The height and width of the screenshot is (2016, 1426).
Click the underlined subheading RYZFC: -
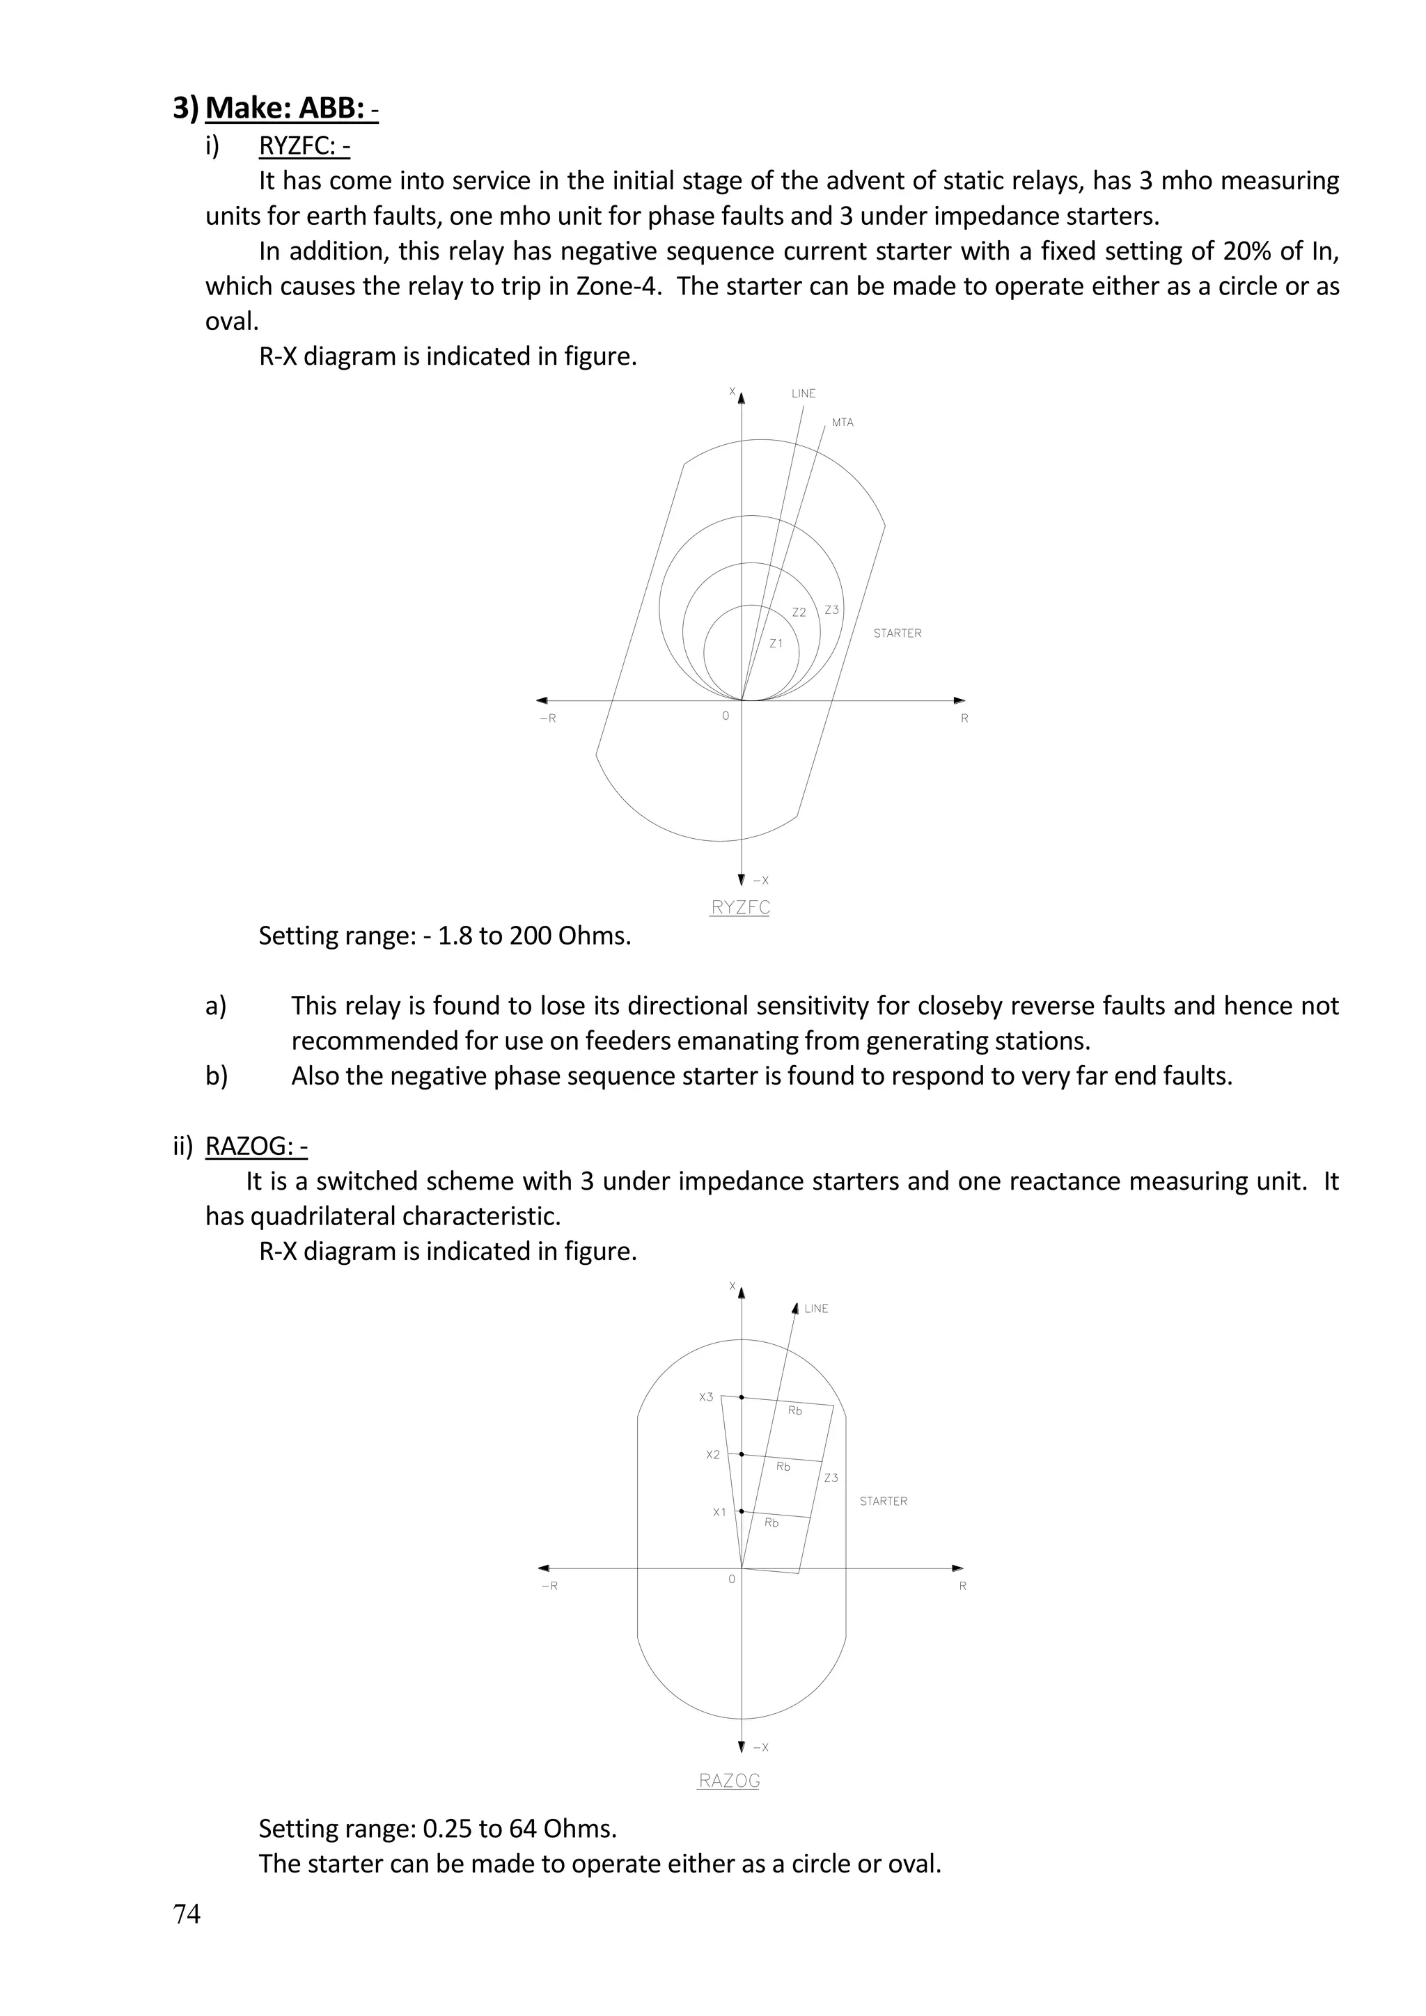pos(304,145)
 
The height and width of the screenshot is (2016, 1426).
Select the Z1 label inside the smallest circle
pos(776,644)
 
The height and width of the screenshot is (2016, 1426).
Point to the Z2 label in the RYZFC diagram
pos(798,613)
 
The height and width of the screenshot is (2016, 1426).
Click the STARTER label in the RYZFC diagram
pos(897,633)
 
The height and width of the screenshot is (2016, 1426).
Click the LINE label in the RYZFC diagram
pos(803,393)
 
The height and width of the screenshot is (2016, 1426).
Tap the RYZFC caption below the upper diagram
pos(739,908)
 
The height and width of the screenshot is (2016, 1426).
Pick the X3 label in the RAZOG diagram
pos(706,1397)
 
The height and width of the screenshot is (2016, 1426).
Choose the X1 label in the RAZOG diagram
pos(719,1512)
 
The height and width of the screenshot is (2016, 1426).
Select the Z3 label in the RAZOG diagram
pos(831,1478)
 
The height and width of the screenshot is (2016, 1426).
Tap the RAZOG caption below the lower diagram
pos(729,1781)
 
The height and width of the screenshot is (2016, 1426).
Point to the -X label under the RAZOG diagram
pos(760,1747)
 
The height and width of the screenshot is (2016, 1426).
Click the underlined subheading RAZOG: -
pos(256,1147)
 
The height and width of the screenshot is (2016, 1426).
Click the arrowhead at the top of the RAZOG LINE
pos(796,1307)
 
